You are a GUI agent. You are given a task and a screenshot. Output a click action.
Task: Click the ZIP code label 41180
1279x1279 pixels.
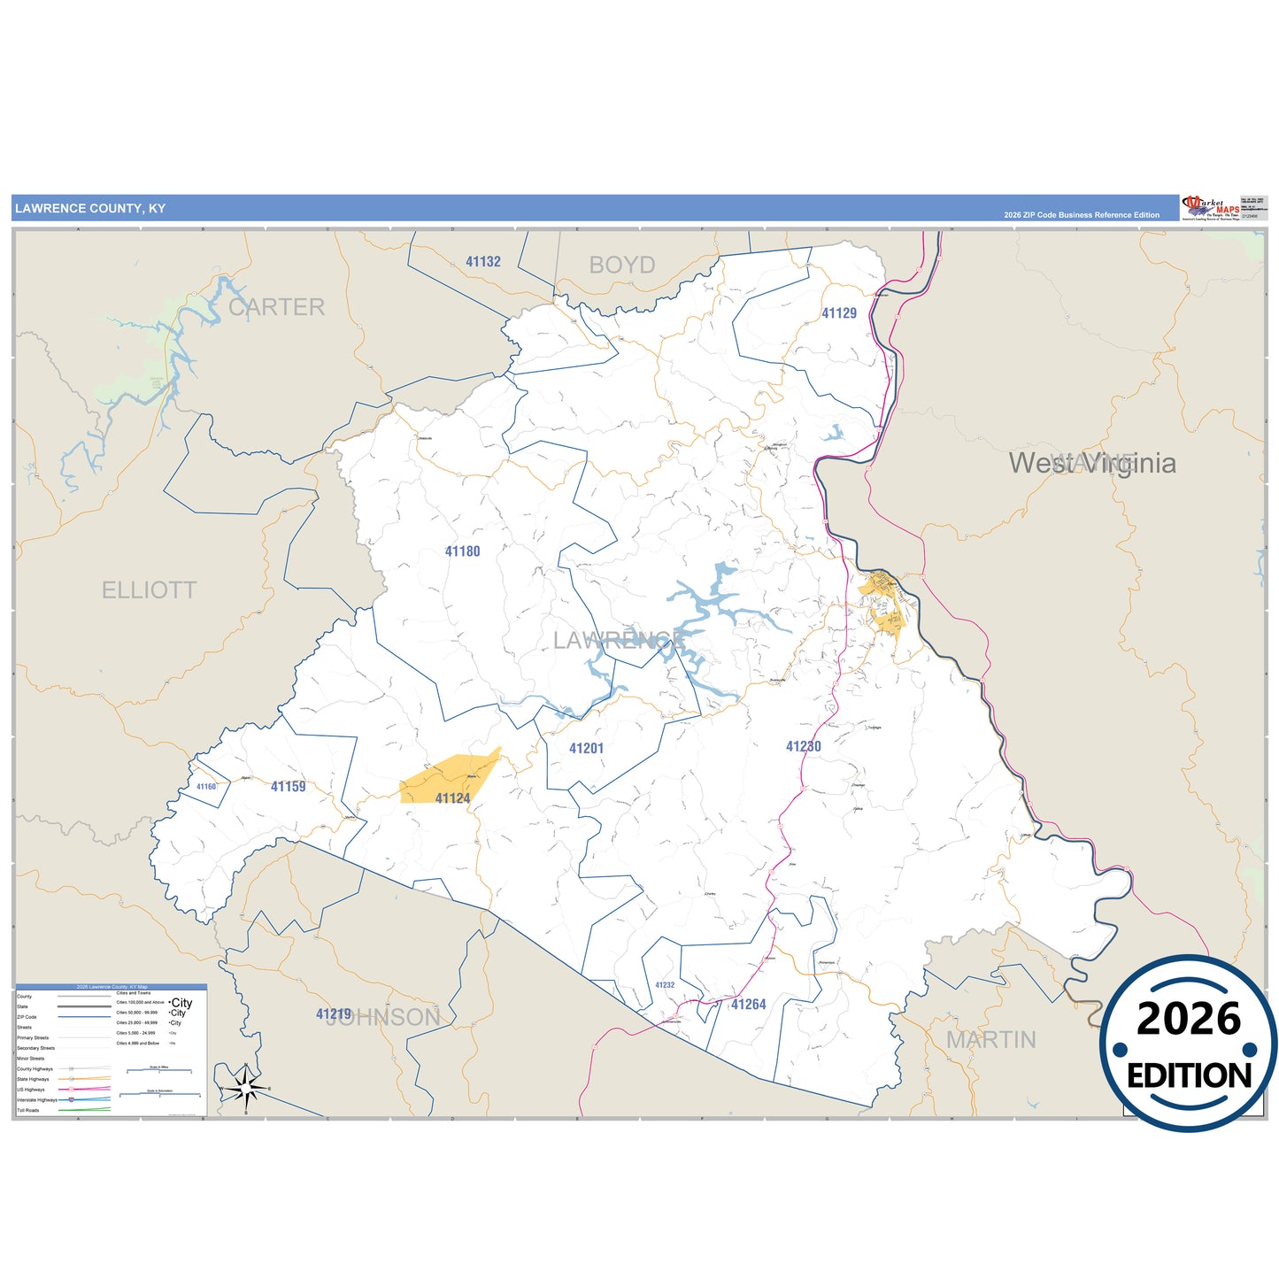[x=462, y=551]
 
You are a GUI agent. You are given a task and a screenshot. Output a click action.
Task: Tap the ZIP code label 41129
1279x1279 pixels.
[x=838, y=313]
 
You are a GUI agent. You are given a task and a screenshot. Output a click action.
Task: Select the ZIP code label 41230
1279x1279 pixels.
[x=803, y=746]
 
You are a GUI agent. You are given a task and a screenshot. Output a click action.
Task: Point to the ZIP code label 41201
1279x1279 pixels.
[x=586, y=748]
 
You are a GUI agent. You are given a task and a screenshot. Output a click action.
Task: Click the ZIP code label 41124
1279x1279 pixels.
[x=452, y=798]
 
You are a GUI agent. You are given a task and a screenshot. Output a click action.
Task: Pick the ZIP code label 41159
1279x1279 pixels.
[x=288, y=786]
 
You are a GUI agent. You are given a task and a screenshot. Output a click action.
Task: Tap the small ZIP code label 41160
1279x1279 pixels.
[x=206, y=786]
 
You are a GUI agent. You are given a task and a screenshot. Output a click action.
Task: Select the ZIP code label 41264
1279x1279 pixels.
[x=748, y=1004]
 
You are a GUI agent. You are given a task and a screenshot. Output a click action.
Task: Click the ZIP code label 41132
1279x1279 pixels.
[x=483, y=261]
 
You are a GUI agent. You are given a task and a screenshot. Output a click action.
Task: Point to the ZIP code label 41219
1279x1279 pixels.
[x=334, y=1013]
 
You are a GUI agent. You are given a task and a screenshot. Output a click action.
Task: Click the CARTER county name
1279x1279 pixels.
[x=276, y=307]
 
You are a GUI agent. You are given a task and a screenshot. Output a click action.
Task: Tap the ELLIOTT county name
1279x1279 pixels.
[x=149, y=590]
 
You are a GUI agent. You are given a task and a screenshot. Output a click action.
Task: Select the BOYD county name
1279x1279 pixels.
[x=622, y=265]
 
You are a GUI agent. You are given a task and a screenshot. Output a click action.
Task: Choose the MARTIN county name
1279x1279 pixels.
[x=990, y=1040]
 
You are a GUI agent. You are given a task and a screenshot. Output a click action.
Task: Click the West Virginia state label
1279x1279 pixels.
[x=1092, y=463]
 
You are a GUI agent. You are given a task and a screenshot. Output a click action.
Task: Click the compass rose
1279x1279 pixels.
[x=245, y=1088]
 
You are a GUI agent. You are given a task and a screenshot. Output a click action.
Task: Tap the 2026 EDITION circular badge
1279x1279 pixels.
[x=1188, y=1044]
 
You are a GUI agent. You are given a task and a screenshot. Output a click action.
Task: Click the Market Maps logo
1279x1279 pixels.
[x=1209, y=208]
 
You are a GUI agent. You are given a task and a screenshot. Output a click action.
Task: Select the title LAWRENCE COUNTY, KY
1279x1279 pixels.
[x=90, y=209]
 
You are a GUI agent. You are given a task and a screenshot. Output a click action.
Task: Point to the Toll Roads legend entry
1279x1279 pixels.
[x=28, y=1110]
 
